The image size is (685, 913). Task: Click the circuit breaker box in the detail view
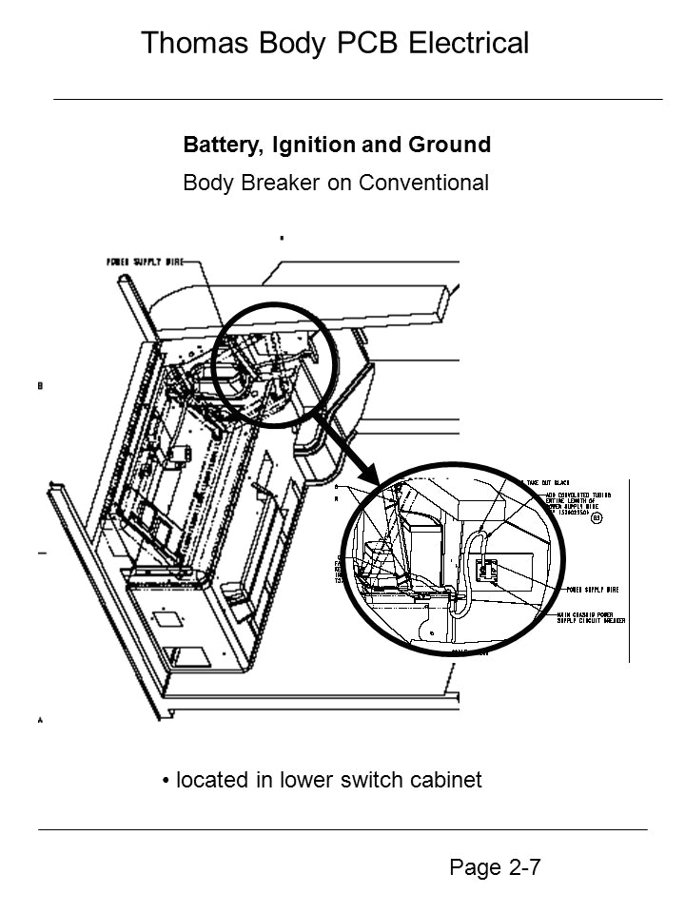[x=487, y=572]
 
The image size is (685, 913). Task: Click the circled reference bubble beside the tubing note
[x=596, y=519]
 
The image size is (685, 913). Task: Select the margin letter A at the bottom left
[x=40, y=721]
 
